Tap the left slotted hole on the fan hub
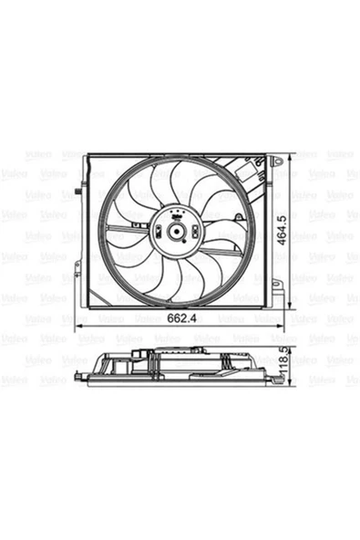[160, 231]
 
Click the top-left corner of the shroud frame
[86, 156]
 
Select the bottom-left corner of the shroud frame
[86, 308]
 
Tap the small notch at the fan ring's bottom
[173, 304]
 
